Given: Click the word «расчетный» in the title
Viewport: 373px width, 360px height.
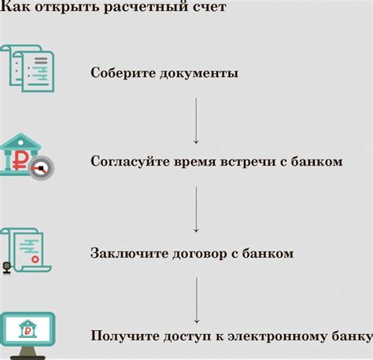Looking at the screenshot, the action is pos(146,6).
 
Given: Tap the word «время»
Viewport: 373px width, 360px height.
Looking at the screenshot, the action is pos(194,162).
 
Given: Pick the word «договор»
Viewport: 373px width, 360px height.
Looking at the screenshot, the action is pos(199,254).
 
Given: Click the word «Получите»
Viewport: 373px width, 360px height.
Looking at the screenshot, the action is pos(124,336).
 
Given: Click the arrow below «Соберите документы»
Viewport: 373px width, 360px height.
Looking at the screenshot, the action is pos(196,121).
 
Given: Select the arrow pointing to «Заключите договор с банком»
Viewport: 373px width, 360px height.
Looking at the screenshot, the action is pos(196,210).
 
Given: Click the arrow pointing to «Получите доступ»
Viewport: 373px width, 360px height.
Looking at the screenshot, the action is pos(197,300).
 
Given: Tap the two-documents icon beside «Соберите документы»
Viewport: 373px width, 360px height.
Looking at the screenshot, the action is pos(28,68).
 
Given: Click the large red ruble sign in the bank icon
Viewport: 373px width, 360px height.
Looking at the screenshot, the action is pos(20,160).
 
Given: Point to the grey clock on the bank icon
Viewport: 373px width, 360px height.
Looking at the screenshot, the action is pos(42,168).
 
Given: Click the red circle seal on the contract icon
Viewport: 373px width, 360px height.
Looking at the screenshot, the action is pos(35,259).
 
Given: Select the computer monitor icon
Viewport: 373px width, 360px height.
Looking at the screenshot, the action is pos(28,336).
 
